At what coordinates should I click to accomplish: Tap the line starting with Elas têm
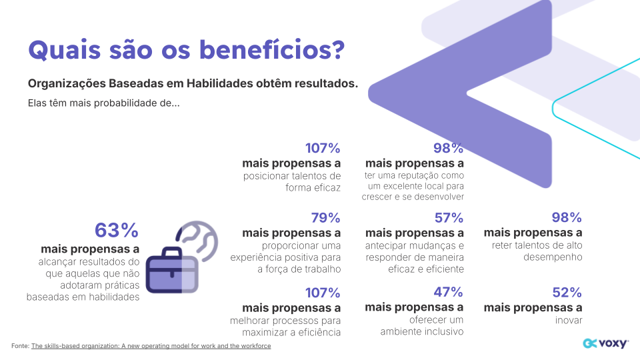(103, 103)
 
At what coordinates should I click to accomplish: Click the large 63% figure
(117, 231)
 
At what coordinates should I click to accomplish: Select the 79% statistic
(325, 218)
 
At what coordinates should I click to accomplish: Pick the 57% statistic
(449, 218)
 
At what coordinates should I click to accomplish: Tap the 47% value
(449, 292)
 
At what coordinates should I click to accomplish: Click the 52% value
(567, 292)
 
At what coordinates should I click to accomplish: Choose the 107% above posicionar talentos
(323, 148)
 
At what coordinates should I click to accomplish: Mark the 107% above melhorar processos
(323, 292)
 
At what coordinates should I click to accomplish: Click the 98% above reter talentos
(567, 218)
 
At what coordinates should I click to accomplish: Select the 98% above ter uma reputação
(449, 148)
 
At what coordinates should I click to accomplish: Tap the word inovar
(567, 320)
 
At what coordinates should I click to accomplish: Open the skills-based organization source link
(151, 346)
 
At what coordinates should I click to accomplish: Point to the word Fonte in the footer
(20, 346)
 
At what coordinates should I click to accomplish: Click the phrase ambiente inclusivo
(421, 331)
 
